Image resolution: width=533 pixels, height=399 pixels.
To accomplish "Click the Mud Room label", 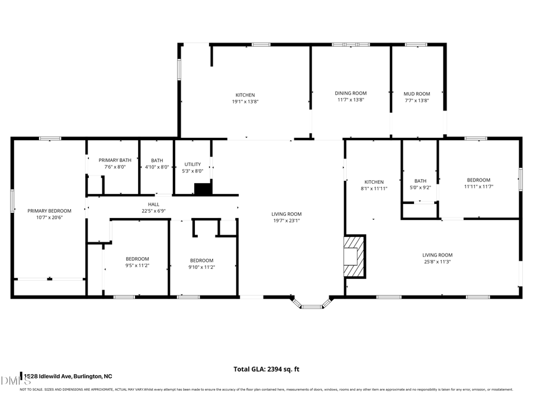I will (x=417, y=94).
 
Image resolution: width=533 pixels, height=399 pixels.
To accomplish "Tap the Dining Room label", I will (x=351, y=93).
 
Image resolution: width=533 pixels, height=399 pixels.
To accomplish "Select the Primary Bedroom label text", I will (x=49, y=211).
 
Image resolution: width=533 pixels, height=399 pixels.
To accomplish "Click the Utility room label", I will (x=193, y=164).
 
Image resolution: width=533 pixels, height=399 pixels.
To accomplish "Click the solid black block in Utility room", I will (x=203, y=189).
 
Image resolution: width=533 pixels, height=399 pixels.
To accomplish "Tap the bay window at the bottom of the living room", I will (x=310, y=304).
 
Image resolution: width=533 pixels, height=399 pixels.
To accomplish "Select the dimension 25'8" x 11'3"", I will (x=437, y=261).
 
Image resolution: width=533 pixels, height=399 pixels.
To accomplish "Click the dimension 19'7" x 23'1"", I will (x=287, y=220).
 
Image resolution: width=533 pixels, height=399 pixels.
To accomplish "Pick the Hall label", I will (x=154, y=205).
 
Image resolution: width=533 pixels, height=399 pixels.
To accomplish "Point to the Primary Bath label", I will (x=115, y=160).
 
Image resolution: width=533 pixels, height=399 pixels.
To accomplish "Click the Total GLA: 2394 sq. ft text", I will (x=266, y=369).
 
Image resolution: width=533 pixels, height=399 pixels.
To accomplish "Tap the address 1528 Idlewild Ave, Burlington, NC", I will (x=67, y=376).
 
